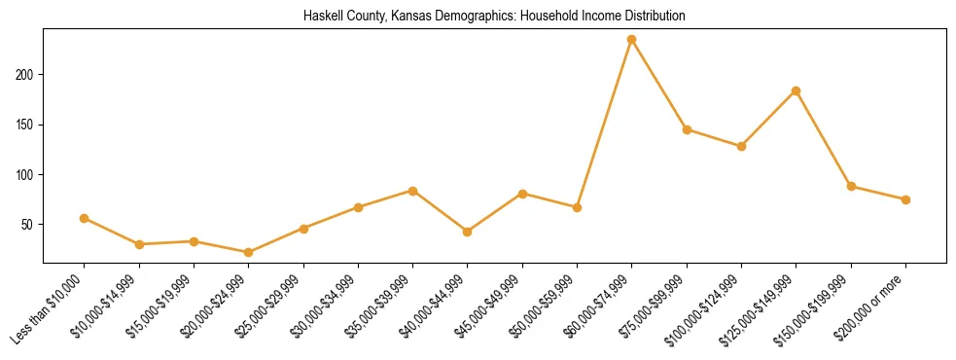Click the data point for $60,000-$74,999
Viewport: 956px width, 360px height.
point(632,40)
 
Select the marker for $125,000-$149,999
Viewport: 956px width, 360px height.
point(797,90)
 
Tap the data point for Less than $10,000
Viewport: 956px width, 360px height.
point(85,218)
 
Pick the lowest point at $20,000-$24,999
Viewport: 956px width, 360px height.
point(249,252)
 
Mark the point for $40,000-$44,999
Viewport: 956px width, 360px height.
point(468,232)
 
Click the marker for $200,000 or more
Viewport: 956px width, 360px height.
point(905,199)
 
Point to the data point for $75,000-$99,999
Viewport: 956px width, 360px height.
point(687,129)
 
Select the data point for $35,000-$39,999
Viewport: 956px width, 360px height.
point(413,191)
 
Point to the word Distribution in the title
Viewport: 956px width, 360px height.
point(654,17)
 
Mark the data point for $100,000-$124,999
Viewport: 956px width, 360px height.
point(741,146)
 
